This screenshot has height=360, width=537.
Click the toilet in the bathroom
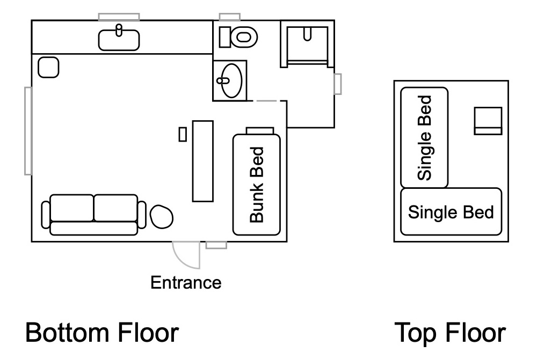(x=238, y=37)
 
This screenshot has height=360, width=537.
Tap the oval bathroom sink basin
(x=231, y=81)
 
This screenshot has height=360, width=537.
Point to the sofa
(x=94, y=215)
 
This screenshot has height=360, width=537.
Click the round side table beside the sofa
(x=162, y=216)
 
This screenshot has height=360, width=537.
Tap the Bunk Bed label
(x=257, y=185)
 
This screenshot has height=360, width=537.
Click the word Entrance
(x=186, y=283)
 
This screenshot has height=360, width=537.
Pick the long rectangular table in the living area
(x=203, y=161)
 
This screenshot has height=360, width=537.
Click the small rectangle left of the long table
(x=183, y=134)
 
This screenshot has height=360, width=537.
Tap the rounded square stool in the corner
(x=48, y=68)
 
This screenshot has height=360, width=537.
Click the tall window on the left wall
(x=28, y=131)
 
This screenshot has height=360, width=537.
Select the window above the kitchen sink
(x=119, y=17)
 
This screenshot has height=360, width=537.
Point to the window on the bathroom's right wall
(x=338, y=84)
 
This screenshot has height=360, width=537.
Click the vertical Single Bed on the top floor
(x=424, y=137)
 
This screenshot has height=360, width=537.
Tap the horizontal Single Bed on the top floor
(x=451, y=211)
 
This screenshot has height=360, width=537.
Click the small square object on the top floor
(x=488, y=121)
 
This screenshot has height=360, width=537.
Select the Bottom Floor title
(x=102, y=332)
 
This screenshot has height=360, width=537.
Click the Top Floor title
(x=451, y=332)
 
